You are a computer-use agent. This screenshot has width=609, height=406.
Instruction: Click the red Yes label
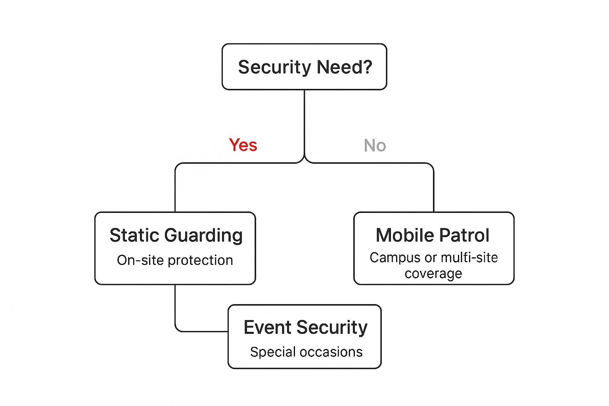click(x=243, y=145)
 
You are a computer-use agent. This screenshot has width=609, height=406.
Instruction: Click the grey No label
click(x=375, y=146)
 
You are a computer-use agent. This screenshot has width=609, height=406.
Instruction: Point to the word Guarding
click(x=203, y=236)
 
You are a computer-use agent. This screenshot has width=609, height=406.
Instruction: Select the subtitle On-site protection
click(x=175, y=260)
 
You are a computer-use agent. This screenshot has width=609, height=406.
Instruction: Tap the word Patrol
click(x=464, y=235)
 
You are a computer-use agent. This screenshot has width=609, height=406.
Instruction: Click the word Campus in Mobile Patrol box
click(x=395, y=258)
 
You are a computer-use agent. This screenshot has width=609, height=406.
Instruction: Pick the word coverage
click(x=433, y=274)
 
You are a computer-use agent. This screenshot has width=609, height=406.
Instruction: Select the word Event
click(x=267, y=327)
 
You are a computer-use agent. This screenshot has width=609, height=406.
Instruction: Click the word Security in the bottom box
click(x=332, y=328)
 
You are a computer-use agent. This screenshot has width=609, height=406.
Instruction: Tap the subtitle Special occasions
click(x=306, y=352)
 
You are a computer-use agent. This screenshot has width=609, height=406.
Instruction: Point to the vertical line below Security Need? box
click(x=304, y=119)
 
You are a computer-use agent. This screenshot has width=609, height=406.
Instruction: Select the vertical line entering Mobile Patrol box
click(x=434, y=190)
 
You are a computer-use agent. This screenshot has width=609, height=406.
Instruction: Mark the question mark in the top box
click(x=368, y=67)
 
